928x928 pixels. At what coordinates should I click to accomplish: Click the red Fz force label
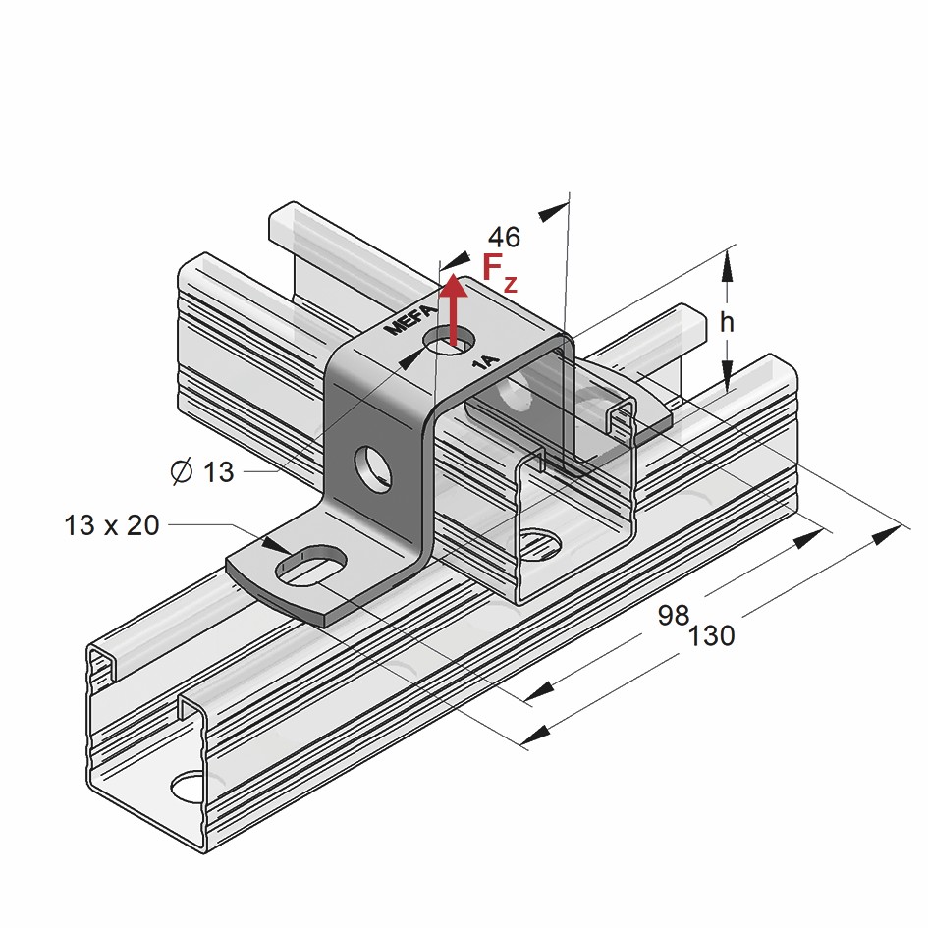click(x=498, y=272)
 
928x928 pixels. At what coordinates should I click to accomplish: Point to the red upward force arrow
click(x=453, y=310)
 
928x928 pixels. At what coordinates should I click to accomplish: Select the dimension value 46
click(x=504, y=237)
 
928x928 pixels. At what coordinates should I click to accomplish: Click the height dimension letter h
click(x=727, y=321)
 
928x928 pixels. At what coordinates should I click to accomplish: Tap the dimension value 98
click(x=673, y=616)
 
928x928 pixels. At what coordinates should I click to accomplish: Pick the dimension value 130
click(x=711, y=636)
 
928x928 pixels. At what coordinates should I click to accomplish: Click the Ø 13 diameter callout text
click(x=202, y=472)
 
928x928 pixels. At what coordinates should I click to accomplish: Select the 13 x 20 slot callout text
click(x=111, y=525)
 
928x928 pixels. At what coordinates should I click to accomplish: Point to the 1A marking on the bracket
click(x=485, y=362)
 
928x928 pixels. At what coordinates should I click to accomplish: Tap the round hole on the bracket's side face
click(x=372, y=467)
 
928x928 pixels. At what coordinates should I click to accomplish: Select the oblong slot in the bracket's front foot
click(x=313, y=567)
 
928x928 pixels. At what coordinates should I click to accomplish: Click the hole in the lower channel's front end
click(x=189, y=787)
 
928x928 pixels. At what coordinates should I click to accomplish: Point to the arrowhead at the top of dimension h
click(x=727, y=262)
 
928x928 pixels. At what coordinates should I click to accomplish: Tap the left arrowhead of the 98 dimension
click(x=538, y=694)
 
